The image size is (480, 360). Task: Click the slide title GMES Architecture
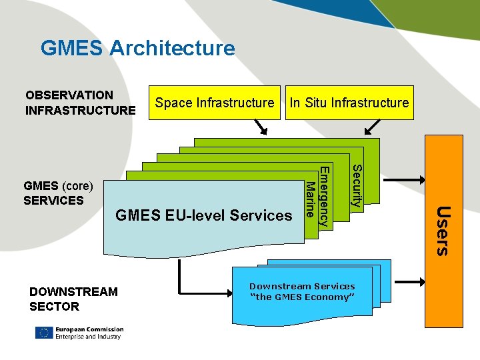[137, 48]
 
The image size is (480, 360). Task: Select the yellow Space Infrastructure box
[215, 103]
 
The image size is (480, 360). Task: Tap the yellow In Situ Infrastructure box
[349, 103]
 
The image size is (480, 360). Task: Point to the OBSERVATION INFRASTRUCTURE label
[80, 103]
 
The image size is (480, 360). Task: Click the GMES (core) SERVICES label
[58, 193]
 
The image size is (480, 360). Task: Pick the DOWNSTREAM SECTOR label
[73, 299]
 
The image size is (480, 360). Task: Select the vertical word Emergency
[323, 197]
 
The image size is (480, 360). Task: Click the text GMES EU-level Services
[204, 215]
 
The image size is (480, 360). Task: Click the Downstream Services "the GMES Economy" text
[302, 291]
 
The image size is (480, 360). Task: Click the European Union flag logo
[44, 333]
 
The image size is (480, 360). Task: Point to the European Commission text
[89, 329]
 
